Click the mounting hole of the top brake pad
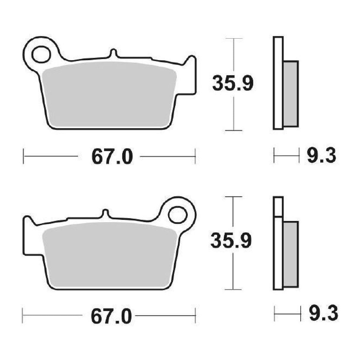pos(41,54)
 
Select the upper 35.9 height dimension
pos(233,84)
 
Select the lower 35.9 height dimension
pos(231,241)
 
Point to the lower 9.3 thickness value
pos(323,314)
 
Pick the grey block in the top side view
pos(291,93)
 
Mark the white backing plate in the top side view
pos(278,83)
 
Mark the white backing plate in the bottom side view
pos(278,252)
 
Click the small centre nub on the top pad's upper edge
pos(113,53)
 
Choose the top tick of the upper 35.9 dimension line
pos(234,39)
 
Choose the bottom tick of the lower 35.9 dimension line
pos(233,289)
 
